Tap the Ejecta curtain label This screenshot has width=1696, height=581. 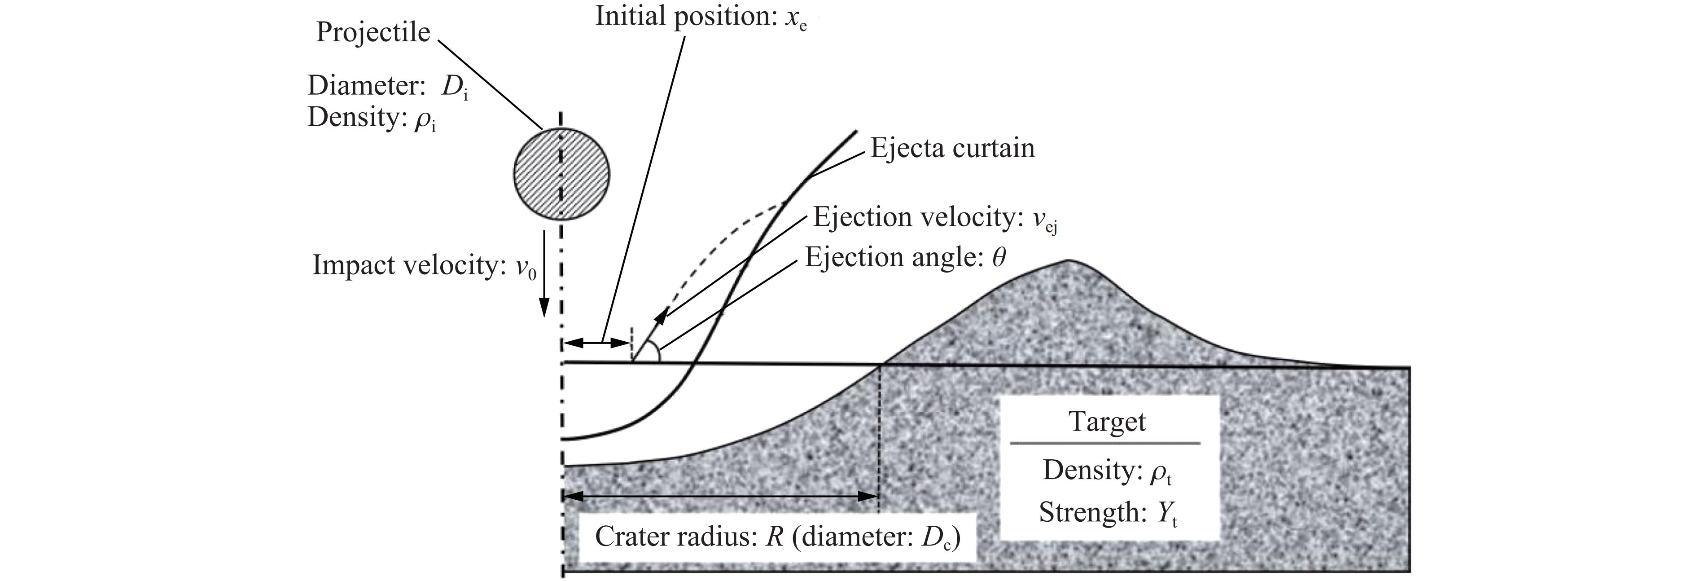click(952, 148)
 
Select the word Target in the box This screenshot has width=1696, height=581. click(1107, 422)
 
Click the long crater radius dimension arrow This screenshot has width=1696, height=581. click(721, 497)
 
